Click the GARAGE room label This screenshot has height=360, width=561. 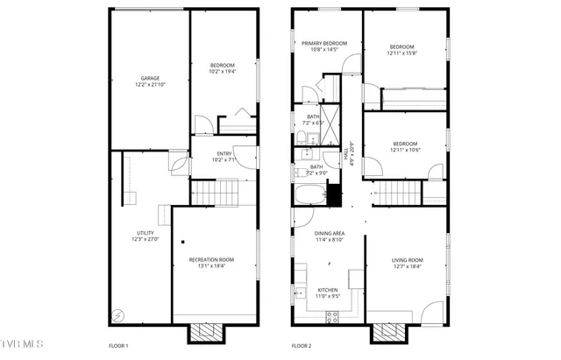[151, 78]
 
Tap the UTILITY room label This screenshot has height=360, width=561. [145, 233]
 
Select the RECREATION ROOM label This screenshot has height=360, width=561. [212, 259]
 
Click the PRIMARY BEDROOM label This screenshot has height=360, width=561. [324, 43]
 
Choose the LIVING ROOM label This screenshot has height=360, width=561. [408, 259]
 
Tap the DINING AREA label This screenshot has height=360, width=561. [330, 233]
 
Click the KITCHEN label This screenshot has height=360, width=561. [328, 290]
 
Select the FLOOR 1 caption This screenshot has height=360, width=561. [118, 347]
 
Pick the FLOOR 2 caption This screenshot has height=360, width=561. [302, 347]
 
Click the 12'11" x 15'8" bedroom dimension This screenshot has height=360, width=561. [402, 53]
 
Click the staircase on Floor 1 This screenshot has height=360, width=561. [215, 190]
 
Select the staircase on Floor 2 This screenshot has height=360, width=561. [399, 192]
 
